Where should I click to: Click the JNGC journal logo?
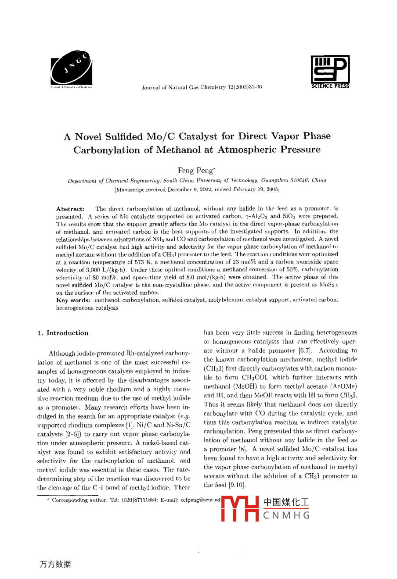[x=71, y=68]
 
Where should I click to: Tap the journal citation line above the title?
[x=202, y=87]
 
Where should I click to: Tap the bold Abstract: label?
[x=70, y=209]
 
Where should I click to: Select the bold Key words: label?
[x=73, y=300]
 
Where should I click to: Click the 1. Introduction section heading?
[x=63, y=333]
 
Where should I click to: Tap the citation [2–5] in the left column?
[x=66, y=434]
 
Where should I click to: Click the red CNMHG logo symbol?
[x=240, y=508]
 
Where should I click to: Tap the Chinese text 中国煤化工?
[x=286, y=502]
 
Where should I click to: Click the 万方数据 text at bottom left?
[x=55, y=564]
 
